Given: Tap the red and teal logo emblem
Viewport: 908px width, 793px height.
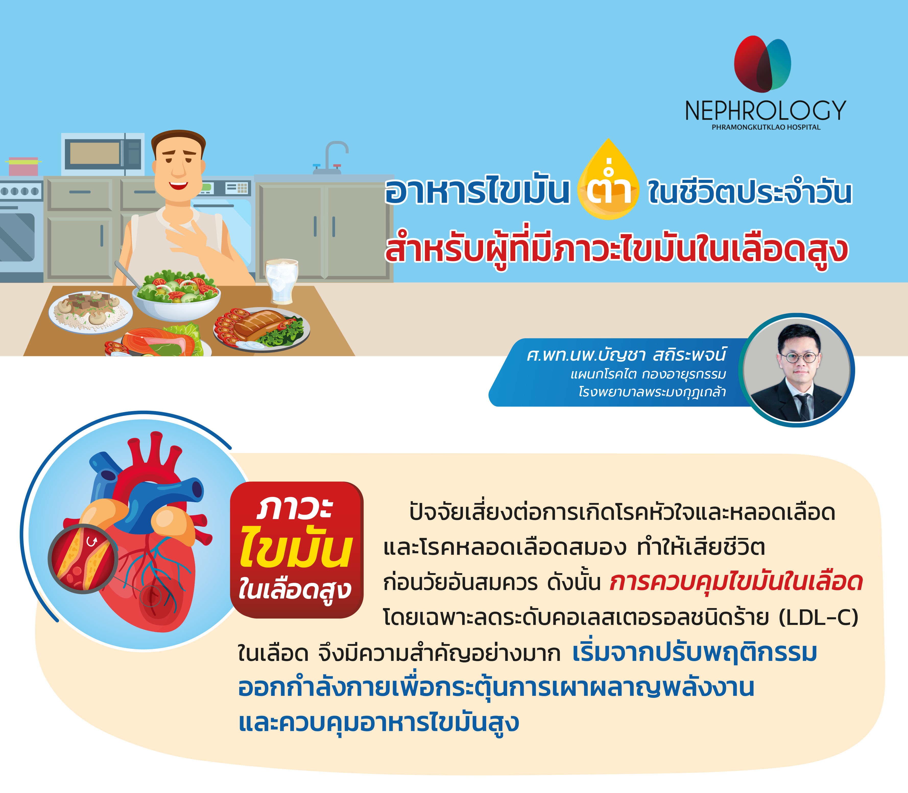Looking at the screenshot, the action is (x=762, y=64).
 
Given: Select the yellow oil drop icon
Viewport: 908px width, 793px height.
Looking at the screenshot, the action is (x=608, y=179).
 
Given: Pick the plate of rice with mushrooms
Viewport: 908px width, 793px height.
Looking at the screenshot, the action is (x=90, y=311).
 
